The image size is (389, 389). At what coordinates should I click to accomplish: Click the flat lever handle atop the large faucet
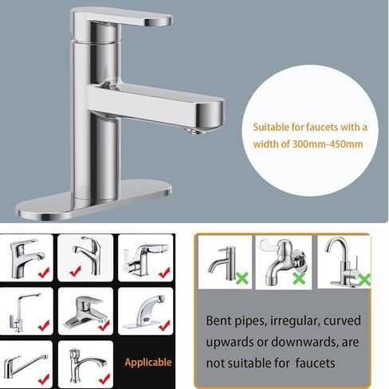point(121,18)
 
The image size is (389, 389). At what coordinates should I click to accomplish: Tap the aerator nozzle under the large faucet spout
point(193,131)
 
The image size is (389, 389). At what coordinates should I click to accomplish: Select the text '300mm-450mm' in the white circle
point(328,144)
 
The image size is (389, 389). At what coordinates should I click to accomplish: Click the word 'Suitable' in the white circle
point(271,127)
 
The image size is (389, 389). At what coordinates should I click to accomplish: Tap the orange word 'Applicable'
point(148,363)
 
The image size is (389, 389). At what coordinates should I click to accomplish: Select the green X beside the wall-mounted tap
point(300,279)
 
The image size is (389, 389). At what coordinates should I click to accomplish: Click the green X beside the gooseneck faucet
point(365,280)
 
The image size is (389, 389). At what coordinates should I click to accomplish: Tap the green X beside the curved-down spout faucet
point(242,278)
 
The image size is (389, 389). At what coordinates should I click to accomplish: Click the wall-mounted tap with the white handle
point(282,261)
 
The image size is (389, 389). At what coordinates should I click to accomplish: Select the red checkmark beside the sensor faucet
point(164,326)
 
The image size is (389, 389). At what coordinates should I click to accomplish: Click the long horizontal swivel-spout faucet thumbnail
point(25,365)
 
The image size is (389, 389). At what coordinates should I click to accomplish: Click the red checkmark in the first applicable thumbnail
point(44,273)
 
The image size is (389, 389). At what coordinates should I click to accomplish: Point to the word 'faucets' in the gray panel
point(315,363)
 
